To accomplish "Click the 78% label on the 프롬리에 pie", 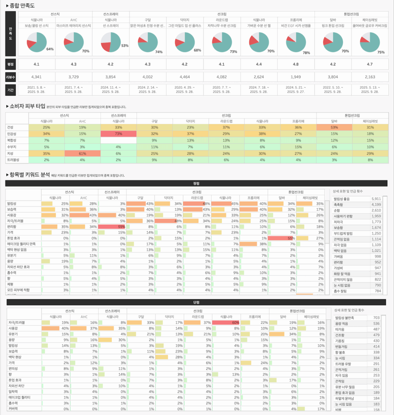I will (x=306, y=53).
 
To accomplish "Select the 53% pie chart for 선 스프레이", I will (x=110, y=42).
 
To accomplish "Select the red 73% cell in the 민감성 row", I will (x=118, y=134).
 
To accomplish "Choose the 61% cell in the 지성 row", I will (x=82, y=154).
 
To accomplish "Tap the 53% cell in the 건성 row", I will (x=334, y=127).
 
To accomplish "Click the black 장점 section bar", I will (x=196, y=183).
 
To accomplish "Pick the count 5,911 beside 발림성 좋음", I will (x=376, y=199).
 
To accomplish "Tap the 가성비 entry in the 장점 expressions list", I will (x=339, y=268).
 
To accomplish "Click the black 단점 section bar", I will (x=196, y=302).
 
